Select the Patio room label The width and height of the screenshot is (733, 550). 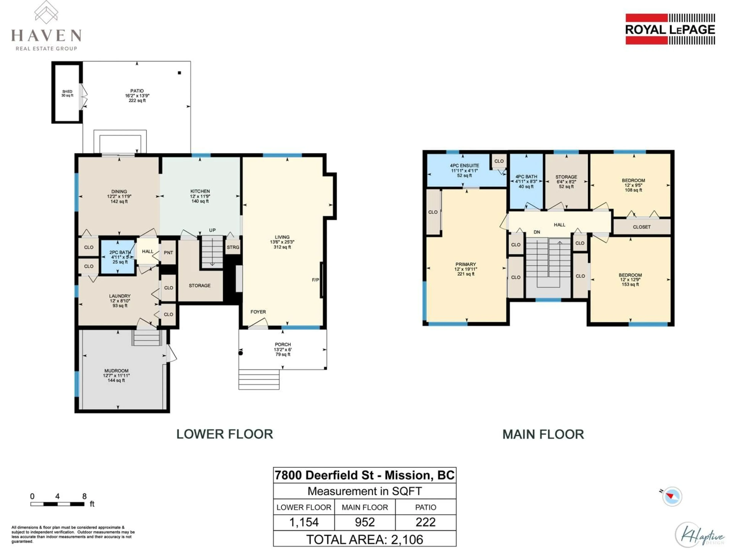pyautogui.click(x=137, y=91)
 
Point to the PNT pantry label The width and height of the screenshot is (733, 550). pyautogui.click(x=168, y=253)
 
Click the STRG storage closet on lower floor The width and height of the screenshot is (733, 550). pyautogui.click(x=233, y=247)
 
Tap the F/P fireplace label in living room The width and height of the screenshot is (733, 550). pyautogui.click(x=316, y=280)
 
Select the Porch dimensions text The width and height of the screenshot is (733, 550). pyautogui.click(x=283, y=349)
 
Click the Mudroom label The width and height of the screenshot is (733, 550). pyautogui.click(x=116, y=371)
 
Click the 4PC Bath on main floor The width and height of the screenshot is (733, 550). pyautogui.click(x=526, y=181)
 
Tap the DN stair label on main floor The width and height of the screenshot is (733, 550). pyautogui.click(x=537, y=232)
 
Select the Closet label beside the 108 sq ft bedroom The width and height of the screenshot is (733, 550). pyautogui.click(x=642, y=227)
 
